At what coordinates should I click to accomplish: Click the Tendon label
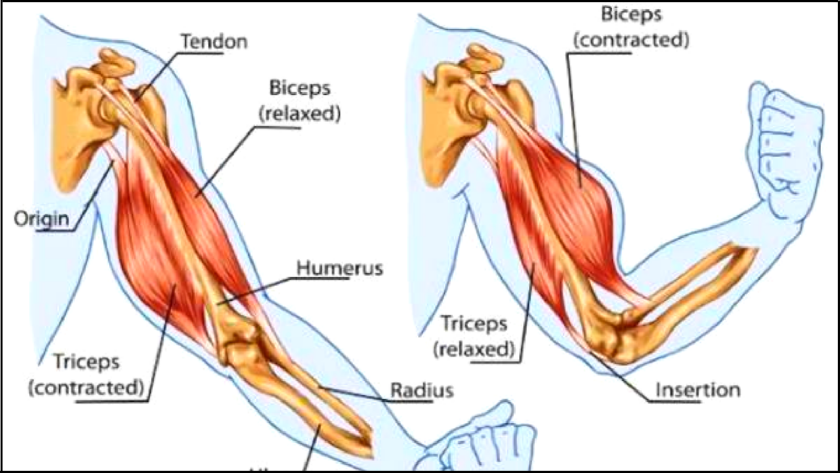coord(214,42)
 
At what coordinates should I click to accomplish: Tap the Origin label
coord(41,219)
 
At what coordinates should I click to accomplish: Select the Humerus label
coord(340,268)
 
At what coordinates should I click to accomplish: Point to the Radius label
coord(422,390)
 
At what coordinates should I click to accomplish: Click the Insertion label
coord(698,390)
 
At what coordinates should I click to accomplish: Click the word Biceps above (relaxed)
coord(300,88)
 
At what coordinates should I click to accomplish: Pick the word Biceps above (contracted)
coord(631,14)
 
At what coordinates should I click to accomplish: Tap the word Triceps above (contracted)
coord(86,362)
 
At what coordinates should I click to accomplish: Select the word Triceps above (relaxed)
coord(474,323)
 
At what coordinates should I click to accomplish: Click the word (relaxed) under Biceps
coord(300,114)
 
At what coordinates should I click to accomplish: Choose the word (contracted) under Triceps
coord(86,388)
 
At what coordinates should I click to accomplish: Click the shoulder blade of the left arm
coord(73,131)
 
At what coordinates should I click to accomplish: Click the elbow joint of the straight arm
coord(239,342)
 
